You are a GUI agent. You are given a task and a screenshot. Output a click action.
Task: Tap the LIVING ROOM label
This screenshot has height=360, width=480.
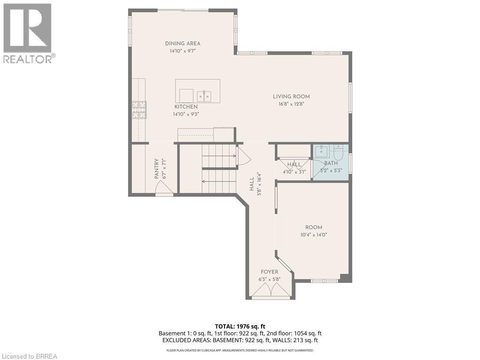click(x=291, y=97)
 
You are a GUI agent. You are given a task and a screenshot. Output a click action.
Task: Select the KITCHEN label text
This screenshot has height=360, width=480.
click(x=186, y=107)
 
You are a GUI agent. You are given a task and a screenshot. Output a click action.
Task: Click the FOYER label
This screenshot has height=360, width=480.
click(x=269, y=272)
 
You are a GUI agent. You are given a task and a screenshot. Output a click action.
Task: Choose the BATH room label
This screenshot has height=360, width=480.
click(x=330, y=163)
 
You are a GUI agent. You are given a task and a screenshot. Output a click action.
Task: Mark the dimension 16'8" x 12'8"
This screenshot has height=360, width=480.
click(x=291, y=104)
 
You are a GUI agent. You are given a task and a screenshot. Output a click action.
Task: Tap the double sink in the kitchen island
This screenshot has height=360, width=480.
click(x=204, y=96)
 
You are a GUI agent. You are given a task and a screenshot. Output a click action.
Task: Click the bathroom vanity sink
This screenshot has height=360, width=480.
click(x=321, y=151)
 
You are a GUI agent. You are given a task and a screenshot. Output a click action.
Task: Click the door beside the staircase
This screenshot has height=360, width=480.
click(x=244, y=156)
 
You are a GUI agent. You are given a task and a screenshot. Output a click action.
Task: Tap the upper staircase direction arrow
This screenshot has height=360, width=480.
click(x=219, y=155)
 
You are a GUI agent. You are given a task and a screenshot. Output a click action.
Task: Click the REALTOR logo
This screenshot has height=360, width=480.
click(x=28, y=33)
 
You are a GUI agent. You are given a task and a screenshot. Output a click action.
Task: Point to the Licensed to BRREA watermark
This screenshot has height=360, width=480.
click(x=29, y=356)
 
